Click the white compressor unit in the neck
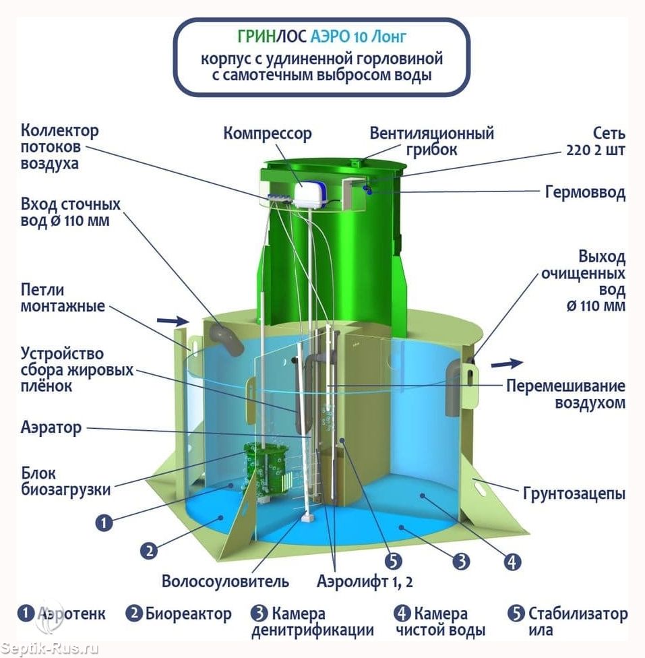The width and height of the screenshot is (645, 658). [311, 194]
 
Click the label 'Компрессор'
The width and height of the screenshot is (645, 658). [268, 133]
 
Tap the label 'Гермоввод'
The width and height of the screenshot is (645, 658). [585, 192]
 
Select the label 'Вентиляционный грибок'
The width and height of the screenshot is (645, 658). [431, 142]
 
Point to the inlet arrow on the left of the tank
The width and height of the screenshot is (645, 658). [172, 322]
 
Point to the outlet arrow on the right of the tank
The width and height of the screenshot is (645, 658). [507, 363]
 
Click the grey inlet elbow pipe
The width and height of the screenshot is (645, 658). [227, 340]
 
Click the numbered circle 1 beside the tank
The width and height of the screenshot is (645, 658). [104, 523]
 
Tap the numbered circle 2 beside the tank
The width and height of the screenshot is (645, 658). [149, 550]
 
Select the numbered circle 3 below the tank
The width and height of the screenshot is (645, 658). [461, 561]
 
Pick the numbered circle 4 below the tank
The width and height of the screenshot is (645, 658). [512, 562]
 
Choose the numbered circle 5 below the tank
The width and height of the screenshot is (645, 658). [393, 561]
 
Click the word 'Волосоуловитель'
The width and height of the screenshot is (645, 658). [225, 582]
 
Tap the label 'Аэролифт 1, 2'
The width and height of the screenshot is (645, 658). [365, 582]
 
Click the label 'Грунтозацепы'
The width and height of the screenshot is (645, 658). [574, 494]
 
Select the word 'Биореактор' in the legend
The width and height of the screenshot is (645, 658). [189, 614]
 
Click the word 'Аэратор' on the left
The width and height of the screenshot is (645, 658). [51, 427]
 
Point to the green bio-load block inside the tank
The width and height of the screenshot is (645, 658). [266, 472]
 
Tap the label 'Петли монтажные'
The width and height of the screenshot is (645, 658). [63, 297]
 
